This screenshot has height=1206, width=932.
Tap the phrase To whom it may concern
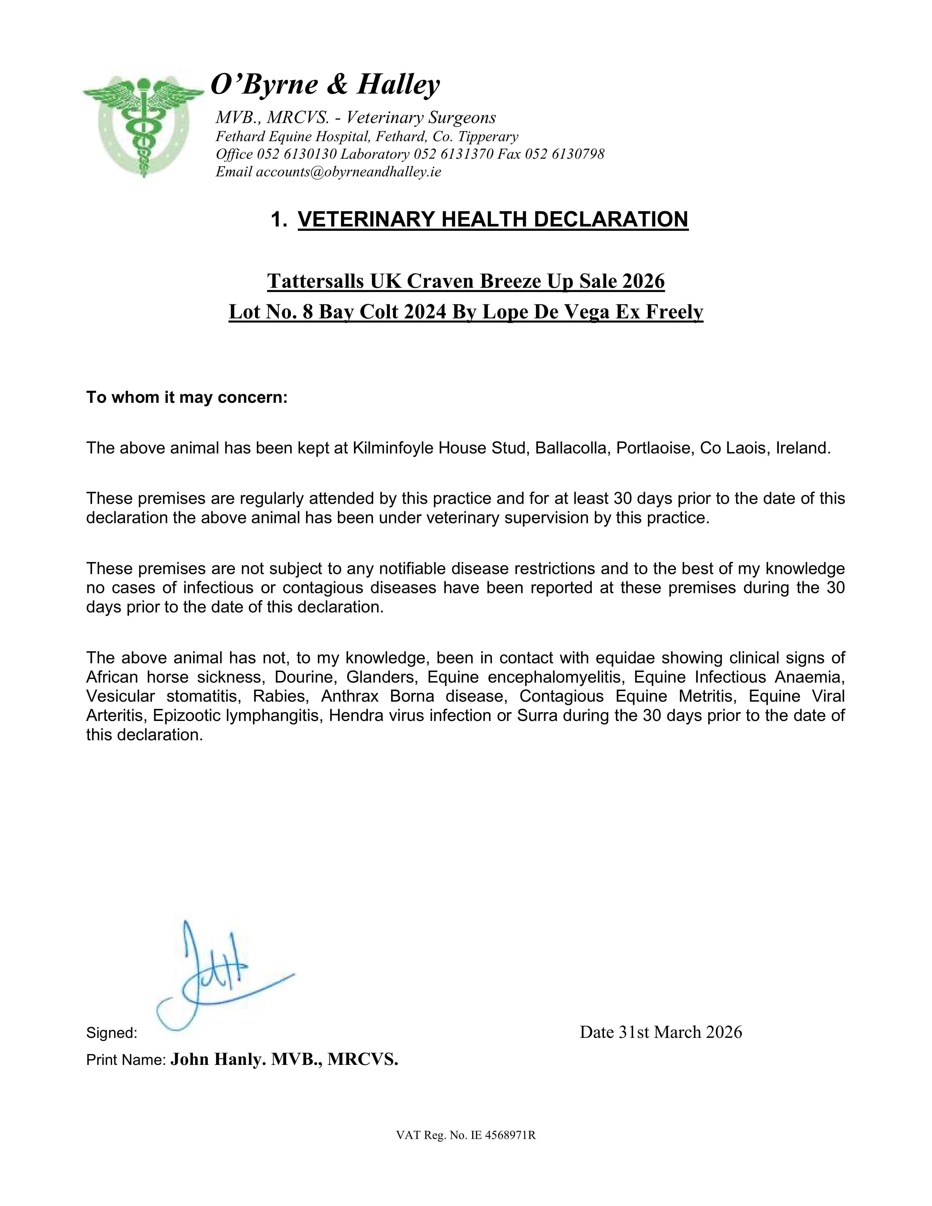tap(187, 397)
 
